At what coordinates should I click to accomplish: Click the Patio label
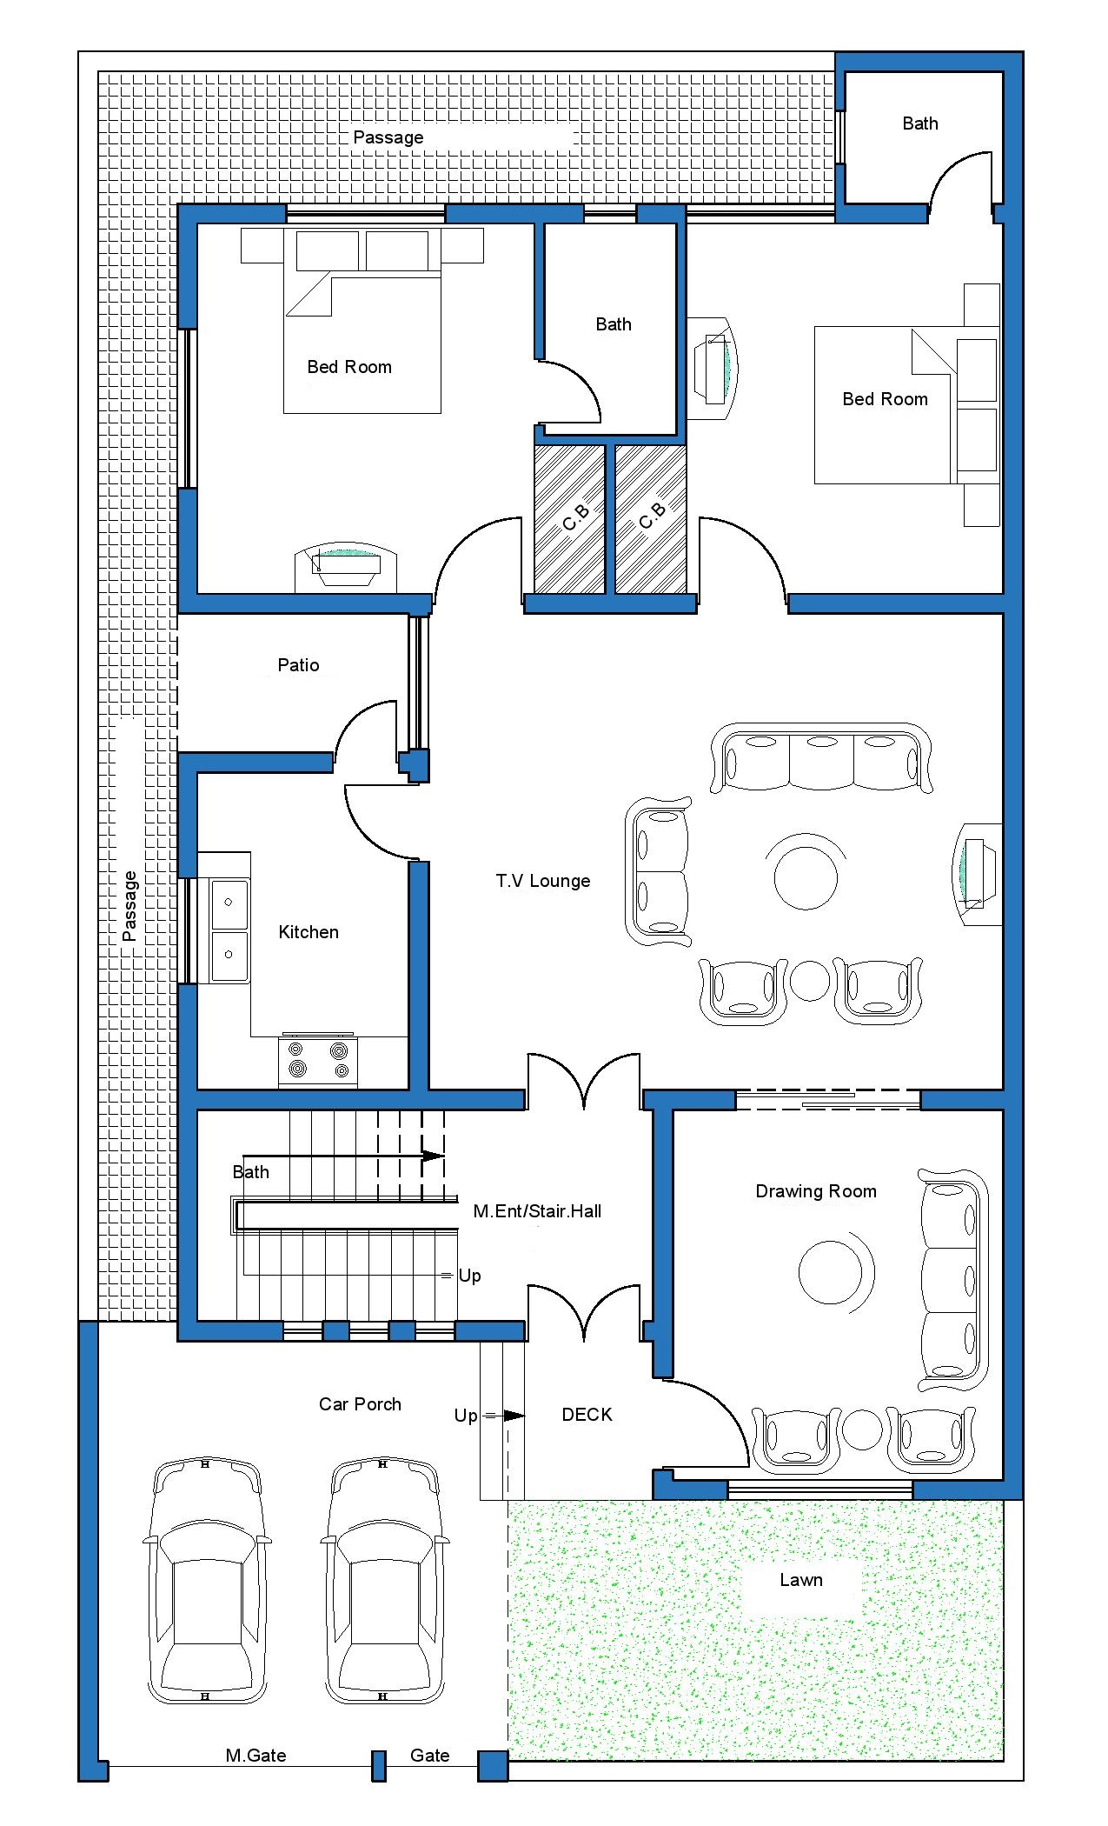point(298,665)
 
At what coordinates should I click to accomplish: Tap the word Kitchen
point(309,932)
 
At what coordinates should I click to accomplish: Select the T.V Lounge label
point(543,881)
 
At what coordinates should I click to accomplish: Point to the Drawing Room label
point(816,1191)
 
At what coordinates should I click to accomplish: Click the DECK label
point(587,1415)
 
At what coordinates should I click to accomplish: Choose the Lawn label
point(800,1580)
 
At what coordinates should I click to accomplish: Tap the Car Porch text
point(360,1404)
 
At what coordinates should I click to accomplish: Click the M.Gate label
point(255,1756)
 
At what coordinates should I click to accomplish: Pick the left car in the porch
point(206,1582)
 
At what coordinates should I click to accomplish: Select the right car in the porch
point(385,1582)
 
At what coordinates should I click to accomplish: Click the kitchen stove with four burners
point(318,1060)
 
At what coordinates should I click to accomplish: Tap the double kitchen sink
point(229,930)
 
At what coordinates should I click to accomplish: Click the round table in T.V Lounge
point(806,877)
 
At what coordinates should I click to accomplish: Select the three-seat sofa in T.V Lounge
point(821,756)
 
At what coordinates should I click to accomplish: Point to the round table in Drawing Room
point(831,1271)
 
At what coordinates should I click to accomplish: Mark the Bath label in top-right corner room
point(920,123)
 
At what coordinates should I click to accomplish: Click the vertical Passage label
point(129,906)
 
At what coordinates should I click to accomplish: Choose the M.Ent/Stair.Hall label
point(537,1211)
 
